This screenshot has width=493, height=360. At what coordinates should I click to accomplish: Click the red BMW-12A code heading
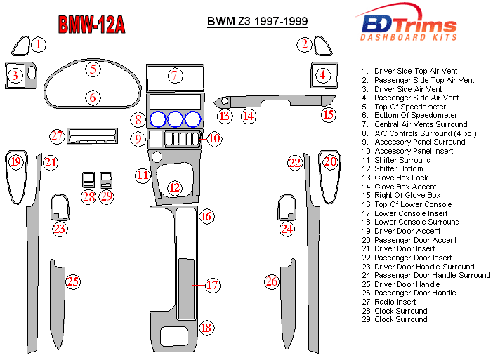[91, 25]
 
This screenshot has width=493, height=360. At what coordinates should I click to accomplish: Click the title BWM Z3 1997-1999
[257, 21]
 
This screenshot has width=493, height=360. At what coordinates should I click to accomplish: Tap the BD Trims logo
[408, 25]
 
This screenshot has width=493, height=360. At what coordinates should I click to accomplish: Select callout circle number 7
[175, 75]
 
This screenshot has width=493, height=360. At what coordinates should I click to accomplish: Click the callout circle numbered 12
[174, 187]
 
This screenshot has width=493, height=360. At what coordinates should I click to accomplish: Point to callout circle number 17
[212, 285]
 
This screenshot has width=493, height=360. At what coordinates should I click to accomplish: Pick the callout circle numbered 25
[73, 282]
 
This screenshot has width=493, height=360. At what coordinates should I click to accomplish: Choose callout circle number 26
[272, 282]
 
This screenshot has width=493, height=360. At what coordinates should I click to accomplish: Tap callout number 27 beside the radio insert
[58, 135]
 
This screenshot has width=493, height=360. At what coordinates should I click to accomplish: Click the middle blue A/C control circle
[175, 119]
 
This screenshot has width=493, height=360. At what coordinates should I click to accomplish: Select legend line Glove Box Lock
[401, 178]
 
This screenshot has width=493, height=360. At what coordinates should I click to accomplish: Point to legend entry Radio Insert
[400, 302]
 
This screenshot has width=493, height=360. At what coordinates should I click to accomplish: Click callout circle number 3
[14, 75]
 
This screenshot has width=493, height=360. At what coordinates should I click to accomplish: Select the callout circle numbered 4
[322, 75]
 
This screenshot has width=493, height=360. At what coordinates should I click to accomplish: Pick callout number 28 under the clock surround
[88, 196]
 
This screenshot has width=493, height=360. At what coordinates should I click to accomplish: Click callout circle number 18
[206, 328]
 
